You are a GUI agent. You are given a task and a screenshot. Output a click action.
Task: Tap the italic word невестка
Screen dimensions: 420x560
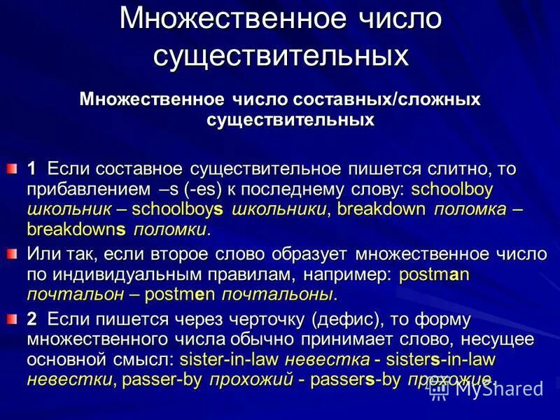click(x=327, y=359)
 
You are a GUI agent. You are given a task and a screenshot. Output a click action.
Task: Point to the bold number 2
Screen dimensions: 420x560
click(x=31, y=319)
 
